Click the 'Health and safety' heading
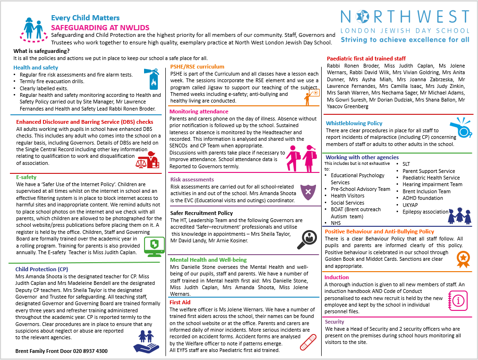click(36, 68)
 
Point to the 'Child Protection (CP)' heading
click(42, 269)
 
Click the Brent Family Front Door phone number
click(61, 351)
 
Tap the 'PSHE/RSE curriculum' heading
click(197, 67)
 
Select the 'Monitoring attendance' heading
click(199, 111)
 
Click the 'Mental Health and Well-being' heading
click(208, 260)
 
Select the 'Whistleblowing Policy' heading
click(354, 123)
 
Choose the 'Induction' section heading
click(337, 277)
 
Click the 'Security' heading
click(334, 322)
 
